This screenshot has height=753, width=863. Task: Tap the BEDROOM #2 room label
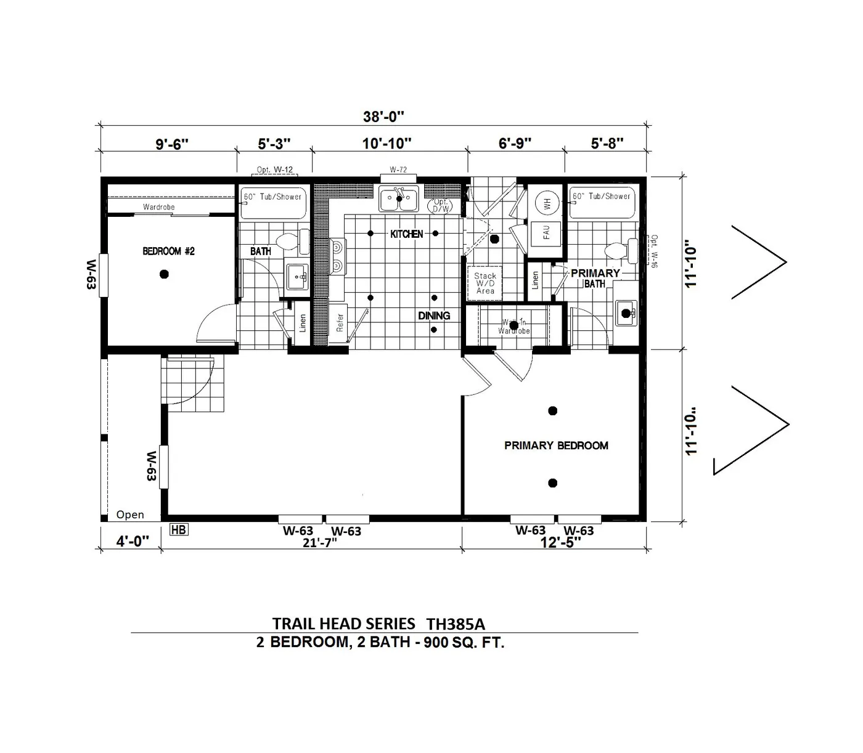(168, 251)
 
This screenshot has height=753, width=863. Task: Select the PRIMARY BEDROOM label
(556, 446)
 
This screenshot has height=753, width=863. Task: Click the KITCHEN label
(407, 234)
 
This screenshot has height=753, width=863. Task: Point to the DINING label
(434, 315)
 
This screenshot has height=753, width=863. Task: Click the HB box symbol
(179, 529)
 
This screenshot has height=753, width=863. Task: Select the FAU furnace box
(546, 233)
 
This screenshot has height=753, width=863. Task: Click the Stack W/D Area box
(485, 283)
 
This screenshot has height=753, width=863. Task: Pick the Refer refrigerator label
(340, 323)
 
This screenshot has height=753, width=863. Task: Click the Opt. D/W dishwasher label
(441, 205)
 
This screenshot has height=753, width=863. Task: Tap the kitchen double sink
(399, 199)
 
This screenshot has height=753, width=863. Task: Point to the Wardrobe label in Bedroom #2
(158, 207)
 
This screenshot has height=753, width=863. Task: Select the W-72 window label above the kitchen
(398, 169)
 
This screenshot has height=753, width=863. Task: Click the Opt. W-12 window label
(275, 169)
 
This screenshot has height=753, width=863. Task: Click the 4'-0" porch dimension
(133, 542)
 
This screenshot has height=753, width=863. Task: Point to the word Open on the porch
(130, 515)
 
